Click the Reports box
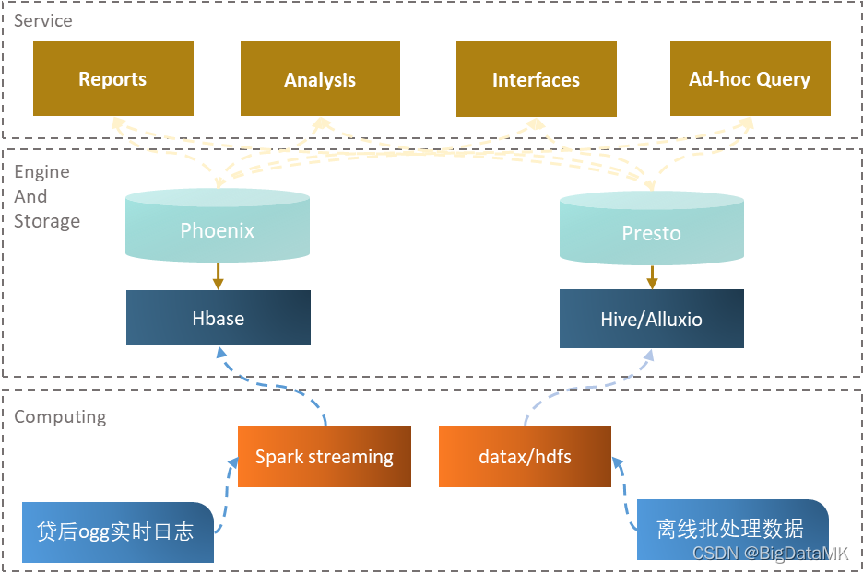tap(113, 79)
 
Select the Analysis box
tap(320, 80)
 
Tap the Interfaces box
tap(536, 80)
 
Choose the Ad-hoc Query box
tap(750, 79)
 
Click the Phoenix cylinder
tap(218, 228)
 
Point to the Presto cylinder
tap(652, 231)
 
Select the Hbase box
tap(219, 319)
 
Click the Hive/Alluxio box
tap(652, 320)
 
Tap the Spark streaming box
tap(324, 456)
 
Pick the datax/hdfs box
tap(525, 456)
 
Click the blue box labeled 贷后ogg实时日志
tap(117, 531)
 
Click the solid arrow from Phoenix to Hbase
tap(218, 275)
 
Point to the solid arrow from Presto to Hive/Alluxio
tap(652, 276)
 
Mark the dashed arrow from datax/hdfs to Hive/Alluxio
tap(590, 387)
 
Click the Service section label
tap(43, 20)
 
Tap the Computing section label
tap(60, 416)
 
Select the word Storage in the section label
tap(47, 221)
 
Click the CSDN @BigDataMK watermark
tap(770, 553)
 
